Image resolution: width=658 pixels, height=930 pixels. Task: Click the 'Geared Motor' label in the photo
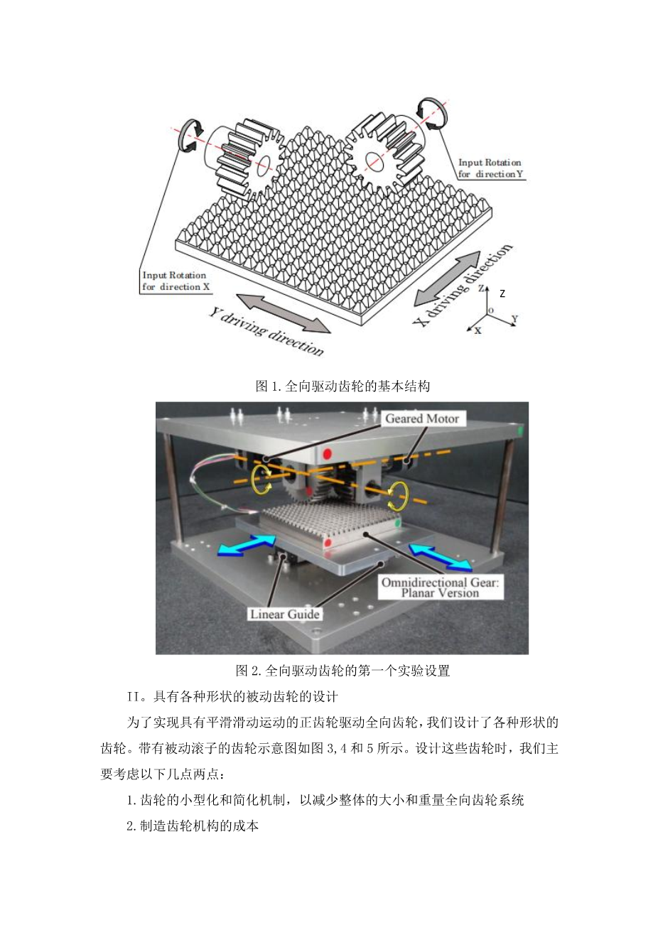[x=422, y=418]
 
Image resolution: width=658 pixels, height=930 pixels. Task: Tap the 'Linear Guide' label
[x=285, y=614]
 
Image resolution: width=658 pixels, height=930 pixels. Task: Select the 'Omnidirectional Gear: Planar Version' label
[x=440, y=587]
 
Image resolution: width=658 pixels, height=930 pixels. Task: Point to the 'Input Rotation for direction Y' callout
[x=490, y=168]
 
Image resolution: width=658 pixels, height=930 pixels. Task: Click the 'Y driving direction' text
[x=266, y=331]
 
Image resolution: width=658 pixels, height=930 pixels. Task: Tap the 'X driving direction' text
[x=463, y=285]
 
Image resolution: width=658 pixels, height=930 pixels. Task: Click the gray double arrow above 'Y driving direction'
[x=283, y=313]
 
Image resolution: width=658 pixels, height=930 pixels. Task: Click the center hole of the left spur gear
[x=264, y=166]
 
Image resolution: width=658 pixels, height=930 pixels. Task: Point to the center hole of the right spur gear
[x=374, y=160]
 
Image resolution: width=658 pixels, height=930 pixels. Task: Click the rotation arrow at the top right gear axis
[x=432, y=114]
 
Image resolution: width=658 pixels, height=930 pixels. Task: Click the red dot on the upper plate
[x=328, y=453]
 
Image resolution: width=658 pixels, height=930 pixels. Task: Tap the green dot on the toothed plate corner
[x=399, y=522]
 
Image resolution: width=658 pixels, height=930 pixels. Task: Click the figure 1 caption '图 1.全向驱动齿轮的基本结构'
[x=343, y=386]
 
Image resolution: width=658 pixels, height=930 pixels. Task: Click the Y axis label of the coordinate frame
[x=514, y=318]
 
